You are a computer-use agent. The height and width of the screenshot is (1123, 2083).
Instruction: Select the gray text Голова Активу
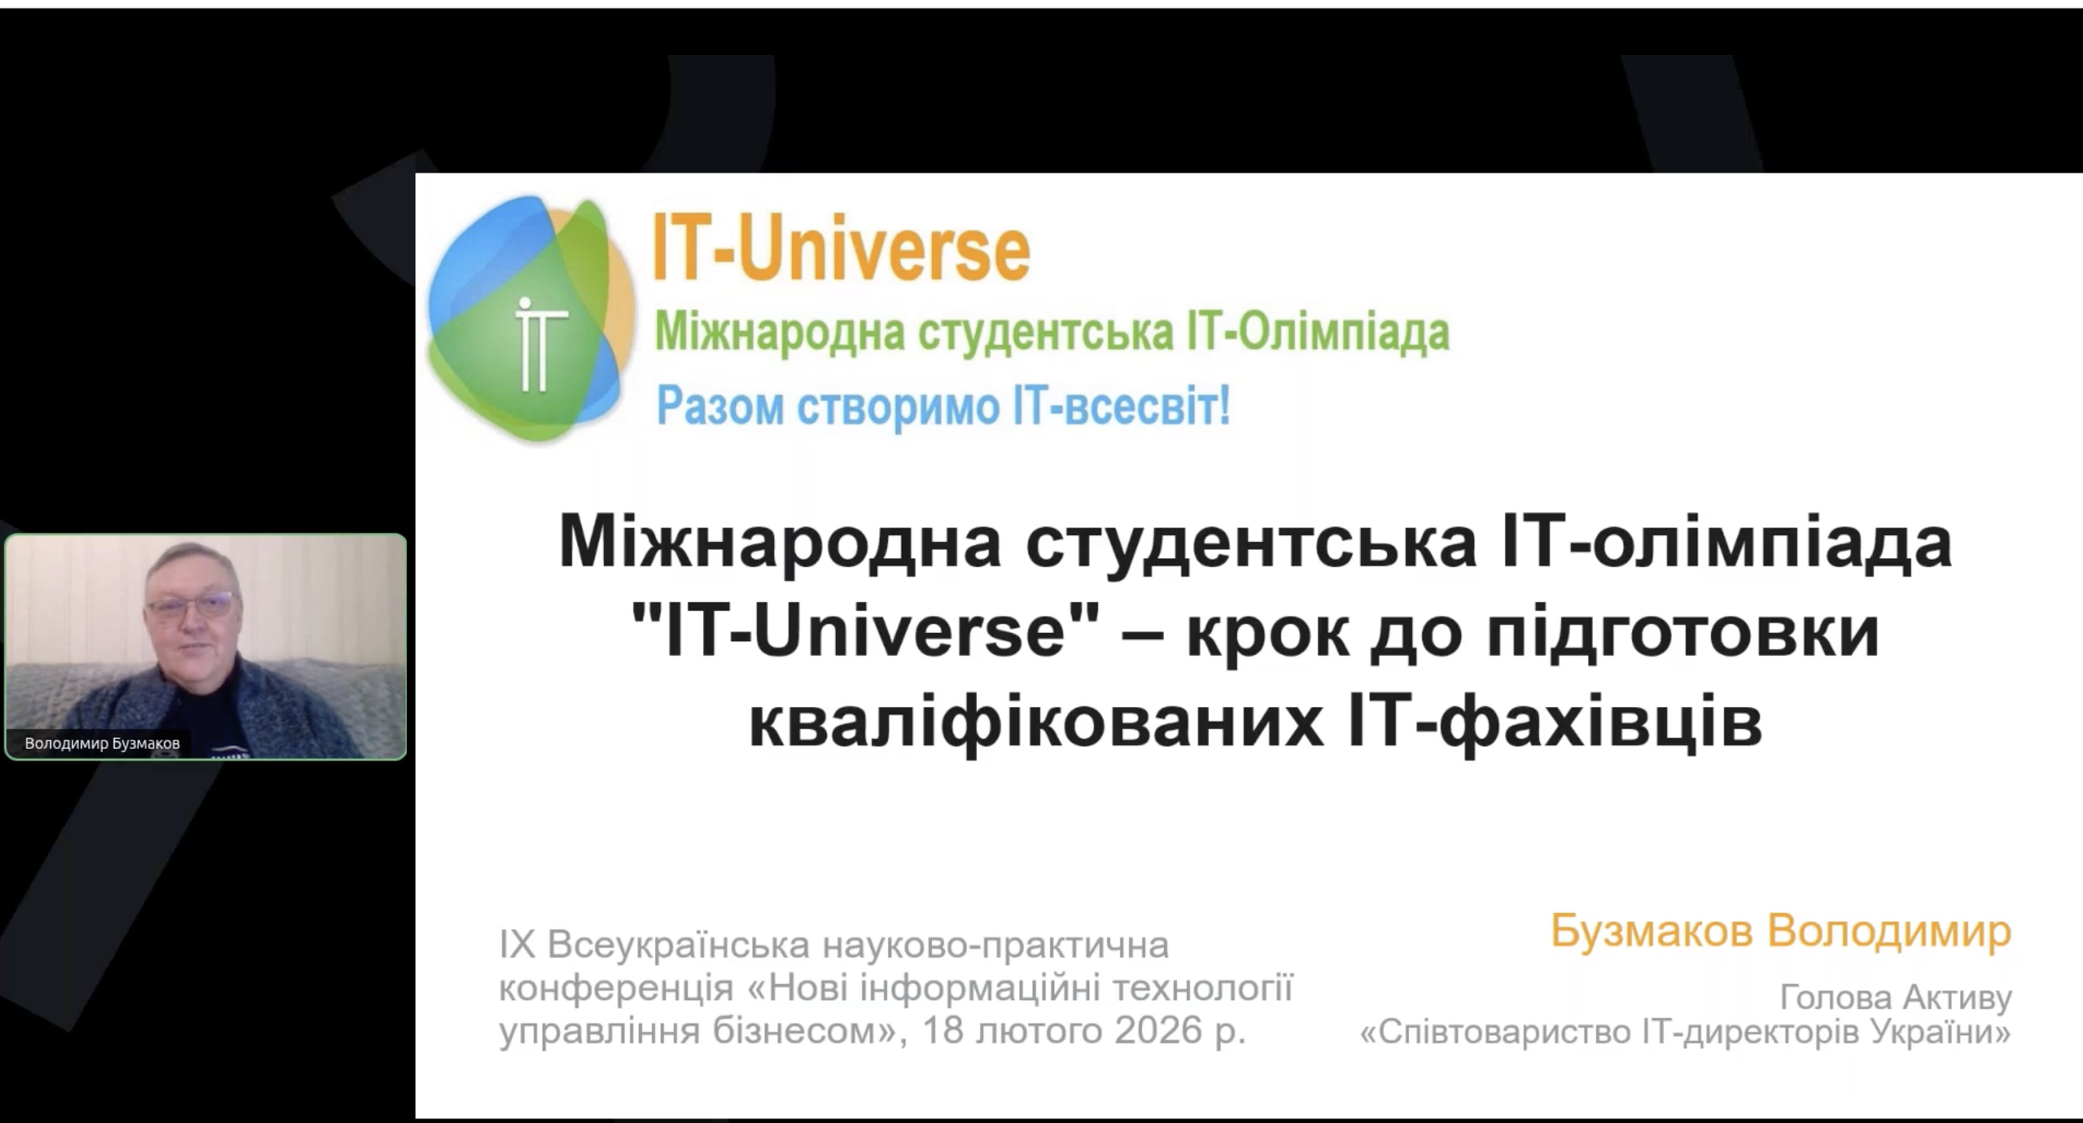pyautogui.click(x=1896, y=999)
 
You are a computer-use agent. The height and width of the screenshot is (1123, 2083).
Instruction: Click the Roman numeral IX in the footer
pyautogui.click(x=518, y=944)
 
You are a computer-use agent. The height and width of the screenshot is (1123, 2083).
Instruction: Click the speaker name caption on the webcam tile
pyautogui.click(x=103, y=743)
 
